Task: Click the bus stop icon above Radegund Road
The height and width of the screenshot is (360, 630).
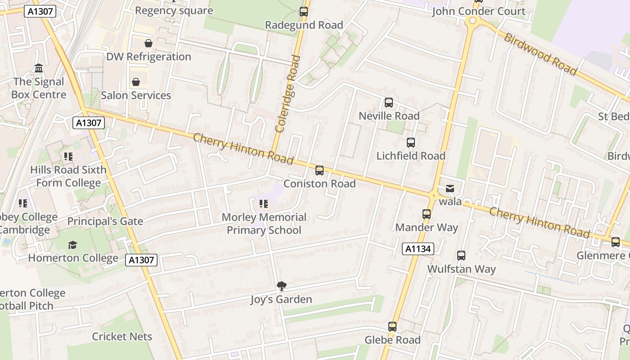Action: [x=304, y=12]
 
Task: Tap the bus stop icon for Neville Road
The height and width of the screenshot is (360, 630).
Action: [x=389, y=103]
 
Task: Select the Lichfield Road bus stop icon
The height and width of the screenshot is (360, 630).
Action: [x=411, y=143]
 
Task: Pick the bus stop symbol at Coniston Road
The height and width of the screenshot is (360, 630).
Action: [x=319, y=171]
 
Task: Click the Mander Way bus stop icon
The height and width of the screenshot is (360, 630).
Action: [x=427, y=214]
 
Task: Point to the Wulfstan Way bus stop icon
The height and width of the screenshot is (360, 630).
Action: [x=461, y=256]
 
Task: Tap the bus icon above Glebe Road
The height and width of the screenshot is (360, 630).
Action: [x=392, y=327]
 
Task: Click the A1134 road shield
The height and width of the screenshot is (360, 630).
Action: [x=418, y=249]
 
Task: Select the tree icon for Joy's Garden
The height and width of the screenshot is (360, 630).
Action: [x=282, y=286]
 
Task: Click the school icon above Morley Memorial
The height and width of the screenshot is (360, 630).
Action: [x=264, y=204]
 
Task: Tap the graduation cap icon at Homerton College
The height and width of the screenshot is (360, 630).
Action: [x=72, y=245]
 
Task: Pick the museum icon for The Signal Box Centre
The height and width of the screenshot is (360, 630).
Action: [x=39, y=68]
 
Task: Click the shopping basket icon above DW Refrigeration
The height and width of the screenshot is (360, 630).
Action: [x=148, y=43]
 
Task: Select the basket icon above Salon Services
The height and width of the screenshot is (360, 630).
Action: [x=136, y=82]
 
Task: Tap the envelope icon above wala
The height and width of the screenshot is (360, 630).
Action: [x=450, y=189]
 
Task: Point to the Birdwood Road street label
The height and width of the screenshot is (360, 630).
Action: [x=540, y=54]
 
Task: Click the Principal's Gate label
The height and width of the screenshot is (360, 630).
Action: [x=105, y=221]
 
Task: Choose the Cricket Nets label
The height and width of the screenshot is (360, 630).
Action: [x=122, y=337]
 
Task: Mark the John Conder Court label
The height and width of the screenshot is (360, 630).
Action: [x=479, y=11]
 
